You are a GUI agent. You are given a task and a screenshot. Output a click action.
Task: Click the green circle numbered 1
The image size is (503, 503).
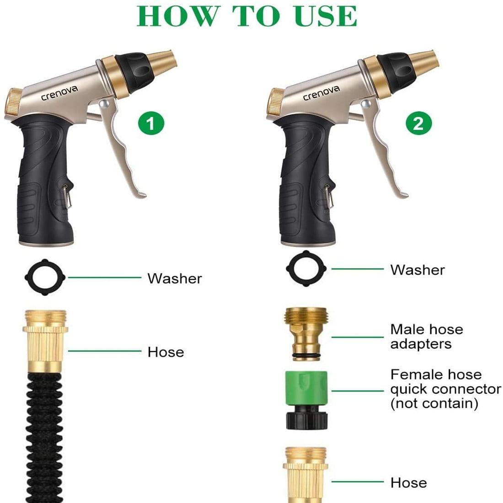coord(151,124)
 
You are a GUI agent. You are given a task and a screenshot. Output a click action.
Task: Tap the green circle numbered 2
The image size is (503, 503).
coord(418,124)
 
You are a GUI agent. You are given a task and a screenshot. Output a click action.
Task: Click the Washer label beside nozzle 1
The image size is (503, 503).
coord(174,278)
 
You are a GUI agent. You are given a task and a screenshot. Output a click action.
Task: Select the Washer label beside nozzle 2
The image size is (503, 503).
coord(417,270)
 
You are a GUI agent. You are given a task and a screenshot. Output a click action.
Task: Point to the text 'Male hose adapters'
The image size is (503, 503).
coord(426,337)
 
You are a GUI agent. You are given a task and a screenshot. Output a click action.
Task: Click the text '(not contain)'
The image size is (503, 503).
coord(434,403)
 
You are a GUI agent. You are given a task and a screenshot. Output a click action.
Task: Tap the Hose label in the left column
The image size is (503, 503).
coord(166,352)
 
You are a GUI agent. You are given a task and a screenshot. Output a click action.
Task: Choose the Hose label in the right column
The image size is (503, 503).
coord(409,483)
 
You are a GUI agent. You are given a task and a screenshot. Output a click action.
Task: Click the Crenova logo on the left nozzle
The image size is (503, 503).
coord(59,93)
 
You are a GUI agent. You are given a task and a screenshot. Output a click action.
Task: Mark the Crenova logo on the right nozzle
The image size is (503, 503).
coord(322,92)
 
